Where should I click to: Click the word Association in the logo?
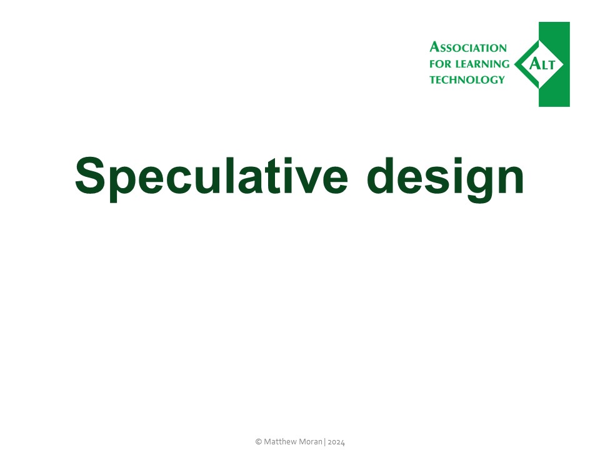[x=468, y=48]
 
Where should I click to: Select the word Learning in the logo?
[x=481, y=64]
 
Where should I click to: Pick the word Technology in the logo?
[x=467, y=79]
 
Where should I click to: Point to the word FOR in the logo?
[x=439, y=64]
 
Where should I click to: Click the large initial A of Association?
[x=434, y=47]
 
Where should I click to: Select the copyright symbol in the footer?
[x=258, y=441]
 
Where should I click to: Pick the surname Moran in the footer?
[x=312, y=441]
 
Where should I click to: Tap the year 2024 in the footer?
[x=337, y=441]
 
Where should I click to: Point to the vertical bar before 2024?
[x=326, y=441]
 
